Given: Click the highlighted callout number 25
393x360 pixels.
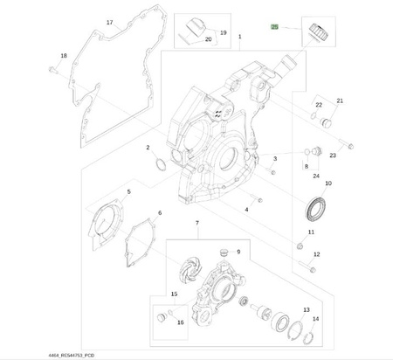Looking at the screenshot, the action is point(274,27).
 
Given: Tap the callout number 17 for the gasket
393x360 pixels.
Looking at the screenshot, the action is point(109,23).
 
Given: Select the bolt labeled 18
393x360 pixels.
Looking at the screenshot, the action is point(52,70).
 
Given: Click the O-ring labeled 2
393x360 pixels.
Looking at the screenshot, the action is point(161,164).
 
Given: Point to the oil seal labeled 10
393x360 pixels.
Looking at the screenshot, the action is point(315,209).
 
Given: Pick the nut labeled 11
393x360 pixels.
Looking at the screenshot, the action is point(300,246).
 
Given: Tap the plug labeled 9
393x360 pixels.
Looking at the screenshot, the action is point(224,253).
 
